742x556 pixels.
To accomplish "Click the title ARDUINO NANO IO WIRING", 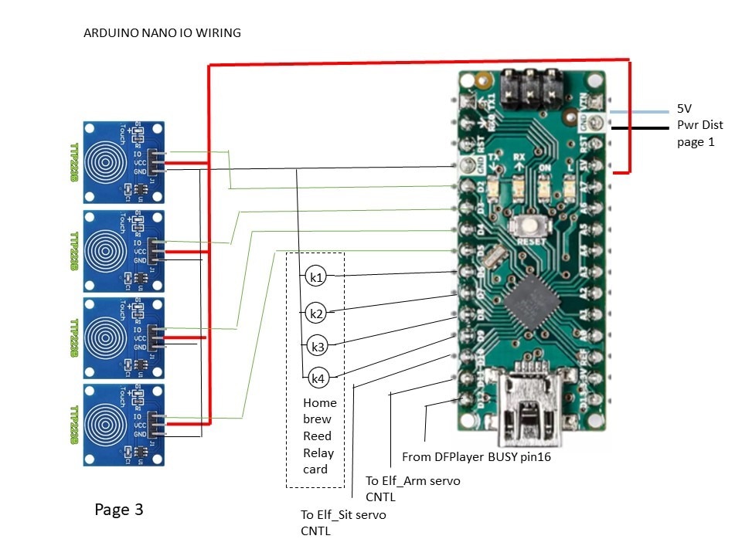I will click(162, 33).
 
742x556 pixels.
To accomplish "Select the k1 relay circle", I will click(315, 276).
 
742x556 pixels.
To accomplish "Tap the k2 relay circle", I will click(315, 314).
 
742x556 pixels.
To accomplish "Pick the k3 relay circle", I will click(317, 345).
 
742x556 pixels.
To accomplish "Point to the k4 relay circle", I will click(318, 378).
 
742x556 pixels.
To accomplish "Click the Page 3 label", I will click(118, 510).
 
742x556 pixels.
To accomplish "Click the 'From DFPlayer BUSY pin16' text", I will click(476, 457).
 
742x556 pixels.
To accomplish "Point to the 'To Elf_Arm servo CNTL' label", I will click(413, 488).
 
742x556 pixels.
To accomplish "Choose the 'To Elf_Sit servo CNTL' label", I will click(343, 522).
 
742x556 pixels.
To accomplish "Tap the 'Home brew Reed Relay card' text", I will click(319, 436).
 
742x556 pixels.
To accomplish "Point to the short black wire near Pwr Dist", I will click(642, 127).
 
